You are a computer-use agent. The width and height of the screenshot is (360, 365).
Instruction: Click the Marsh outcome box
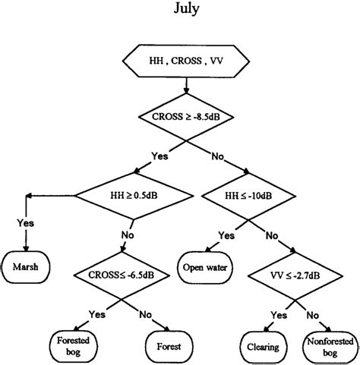[28, 266]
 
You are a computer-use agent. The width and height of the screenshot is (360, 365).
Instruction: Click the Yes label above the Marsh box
[25, 223]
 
